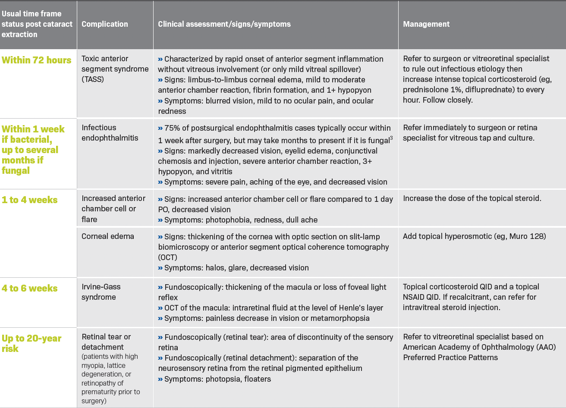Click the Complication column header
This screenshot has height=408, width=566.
coord(105,24)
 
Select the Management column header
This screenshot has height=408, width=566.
coord(426,24)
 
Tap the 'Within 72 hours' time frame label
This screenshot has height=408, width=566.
coord(37,60)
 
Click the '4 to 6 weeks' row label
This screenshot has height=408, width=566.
coord(30,288)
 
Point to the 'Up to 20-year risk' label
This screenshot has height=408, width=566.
coord(31,343)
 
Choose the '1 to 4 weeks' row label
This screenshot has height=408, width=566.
coord(30,200)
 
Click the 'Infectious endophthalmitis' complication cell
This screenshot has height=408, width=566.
coord(110,133)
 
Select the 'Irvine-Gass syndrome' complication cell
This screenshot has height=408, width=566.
coord(101,292)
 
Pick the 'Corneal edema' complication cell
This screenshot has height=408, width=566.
coord(108,236)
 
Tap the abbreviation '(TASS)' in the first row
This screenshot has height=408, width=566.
coord(93,79)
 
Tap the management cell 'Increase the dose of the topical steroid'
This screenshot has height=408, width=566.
coord(472,198)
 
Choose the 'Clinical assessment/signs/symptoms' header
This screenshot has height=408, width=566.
coord(224,24)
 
